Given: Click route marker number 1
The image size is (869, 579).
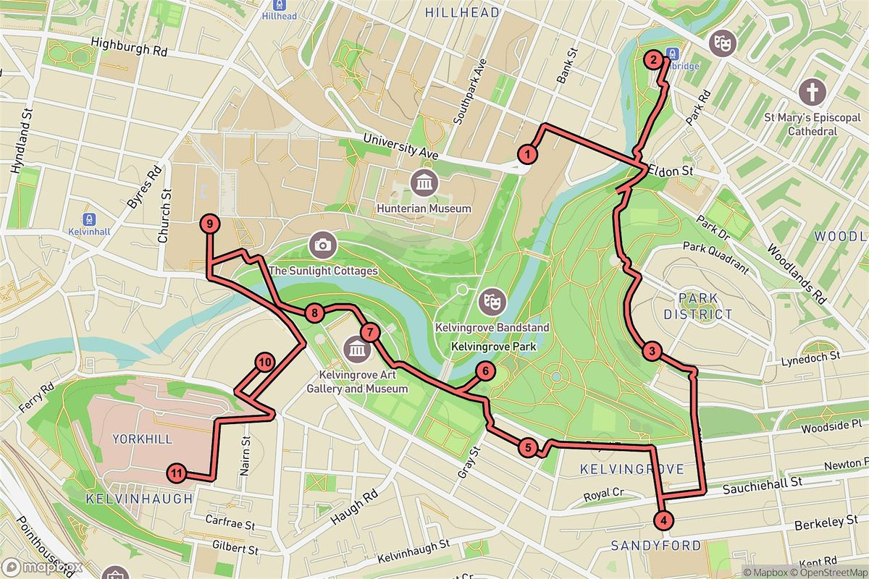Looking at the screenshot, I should click(x=529, y=153).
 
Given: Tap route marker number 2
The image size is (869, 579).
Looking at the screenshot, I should click(x=653, y=60).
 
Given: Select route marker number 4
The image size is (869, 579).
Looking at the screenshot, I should click(x=662, y=520).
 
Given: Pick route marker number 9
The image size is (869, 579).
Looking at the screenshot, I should click(x=209, y=224).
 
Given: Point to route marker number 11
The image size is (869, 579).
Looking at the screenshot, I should click(x=177, y=474).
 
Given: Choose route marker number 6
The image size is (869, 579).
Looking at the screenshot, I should click(x=485, y=372).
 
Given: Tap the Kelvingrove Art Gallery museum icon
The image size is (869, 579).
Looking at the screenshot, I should click(x=356, y=351).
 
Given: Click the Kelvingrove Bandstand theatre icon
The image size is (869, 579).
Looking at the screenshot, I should click(x=492, y=300).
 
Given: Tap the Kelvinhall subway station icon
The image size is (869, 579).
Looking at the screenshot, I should click(x=88, y=219).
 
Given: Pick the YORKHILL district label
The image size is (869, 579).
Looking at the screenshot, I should click(x=142, y=439).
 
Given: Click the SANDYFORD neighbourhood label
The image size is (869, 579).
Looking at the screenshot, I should click(x=655, y=545).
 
